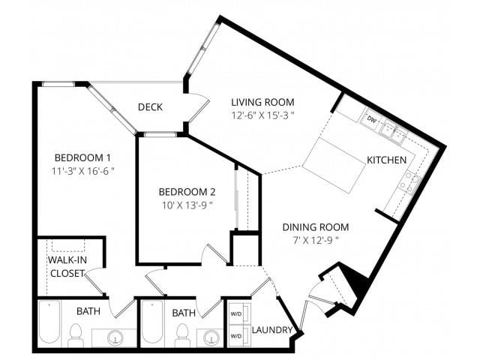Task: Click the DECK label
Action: (x=150, y=107)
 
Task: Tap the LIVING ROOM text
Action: (x=262, y=102)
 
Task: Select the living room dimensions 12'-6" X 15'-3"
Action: (x=262, y=115)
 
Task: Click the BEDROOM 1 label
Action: (x=82, y=157)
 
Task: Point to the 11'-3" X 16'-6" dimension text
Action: (x=82, y=171)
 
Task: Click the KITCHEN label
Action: (x=386, y=160)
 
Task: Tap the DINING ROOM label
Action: (x=315, y=227)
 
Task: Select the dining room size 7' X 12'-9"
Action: (x=315, y=241)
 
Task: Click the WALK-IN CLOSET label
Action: (x=67, y=265)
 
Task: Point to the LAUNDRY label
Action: (x=271, y=330)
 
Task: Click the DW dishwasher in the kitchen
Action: (x=371, y=119)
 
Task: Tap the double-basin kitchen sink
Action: (x=392, y=133)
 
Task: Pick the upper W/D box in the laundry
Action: (x=236, y=314)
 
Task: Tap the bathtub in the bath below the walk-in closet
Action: (x=51, y=322)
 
